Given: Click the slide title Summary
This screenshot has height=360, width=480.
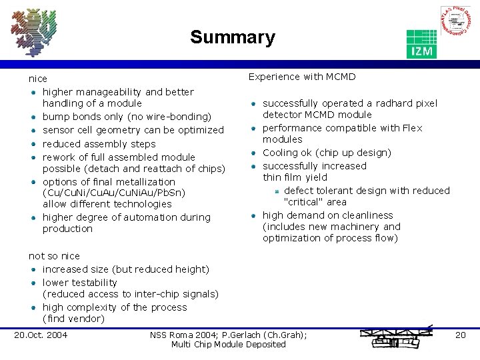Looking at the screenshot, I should coord(232,37).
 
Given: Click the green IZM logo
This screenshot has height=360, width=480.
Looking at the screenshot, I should coord(421,44).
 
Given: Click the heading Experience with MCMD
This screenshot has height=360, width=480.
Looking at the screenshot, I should coord(302,77).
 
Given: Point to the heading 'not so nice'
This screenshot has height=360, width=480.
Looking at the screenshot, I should coord(54,256).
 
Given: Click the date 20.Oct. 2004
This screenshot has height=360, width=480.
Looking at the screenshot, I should coord(41,335).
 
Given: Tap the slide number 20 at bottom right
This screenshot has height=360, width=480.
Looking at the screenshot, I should coord(460,335).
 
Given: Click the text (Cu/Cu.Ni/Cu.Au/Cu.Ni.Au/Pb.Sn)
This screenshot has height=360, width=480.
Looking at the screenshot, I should coord(114,193).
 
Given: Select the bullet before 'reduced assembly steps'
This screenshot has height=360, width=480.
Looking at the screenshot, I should coord(33,144).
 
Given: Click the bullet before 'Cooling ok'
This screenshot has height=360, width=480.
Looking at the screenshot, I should coord(253,153).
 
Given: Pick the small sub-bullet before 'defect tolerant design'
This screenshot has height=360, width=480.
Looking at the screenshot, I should coord(276,191).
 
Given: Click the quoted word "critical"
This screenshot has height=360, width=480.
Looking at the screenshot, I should coord(303,202).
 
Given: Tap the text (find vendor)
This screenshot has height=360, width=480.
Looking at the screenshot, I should coord(73,319).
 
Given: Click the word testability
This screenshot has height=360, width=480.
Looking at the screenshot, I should coord(93,283).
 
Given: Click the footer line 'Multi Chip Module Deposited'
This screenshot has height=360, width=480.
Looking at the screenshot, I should coord(228,344).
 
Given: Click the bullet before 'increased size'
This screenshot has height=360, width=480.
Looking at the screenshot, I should coord(33,269).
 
